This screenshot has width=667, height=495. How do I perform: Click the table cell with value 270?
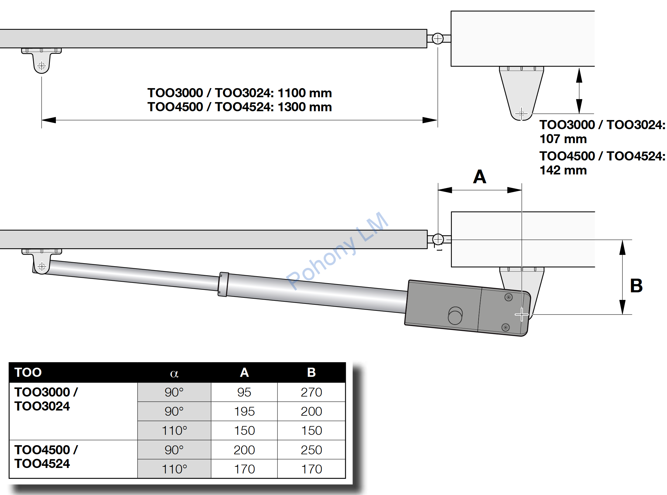click(x=311, y=392)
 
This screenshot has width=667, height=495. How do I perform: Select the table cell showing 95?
click(x=244, y=392)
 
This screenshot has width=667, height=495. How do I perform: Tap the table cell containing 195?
click(x=244, y=411)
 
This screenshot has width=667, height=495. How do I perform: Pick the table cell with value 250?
click(x=311, y=450)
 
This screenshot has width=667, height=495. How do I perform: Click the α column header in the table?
click(x=174, y=373)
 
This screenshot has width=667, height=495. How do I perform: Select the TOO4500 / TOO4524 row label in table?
click(x=46, y=456)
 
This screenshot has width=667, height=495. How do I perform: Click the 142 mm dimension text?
click(x=563, y=170)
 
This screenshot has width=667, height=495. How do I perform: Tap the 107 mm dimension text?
click(x=563, y=139)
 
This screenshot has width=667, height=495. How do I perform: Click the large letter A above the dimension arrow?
click(x=480, y=177)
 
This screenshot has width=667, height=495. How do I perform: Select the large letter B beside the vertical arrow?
click(x=636, y=286)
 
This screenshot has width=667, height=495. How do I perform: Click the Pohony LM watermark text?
click(x=337, y=251)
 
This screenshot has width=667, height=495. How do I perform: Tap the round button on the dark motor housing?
click(x=455, y=315)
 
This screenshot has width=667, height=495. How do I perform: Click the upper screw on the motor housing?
click(x=508, y=297)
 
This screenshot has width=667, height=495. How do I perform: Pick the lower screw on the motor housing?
click(x=505, y=327)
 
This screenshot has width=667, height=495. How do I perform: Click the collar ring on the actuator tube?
click(x=223, y=284)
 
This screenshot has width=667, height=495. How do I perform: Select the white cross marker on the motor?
click(x=522, y=315)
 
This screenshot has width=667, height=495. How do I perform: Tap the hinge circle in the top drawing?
click(x=438, y=39)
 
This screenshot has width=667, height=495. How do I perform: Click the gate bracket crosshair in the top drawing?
click(x=42, y=66)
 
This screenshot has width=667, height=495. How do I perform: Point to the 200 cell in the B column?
click(x=311, y=411)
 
